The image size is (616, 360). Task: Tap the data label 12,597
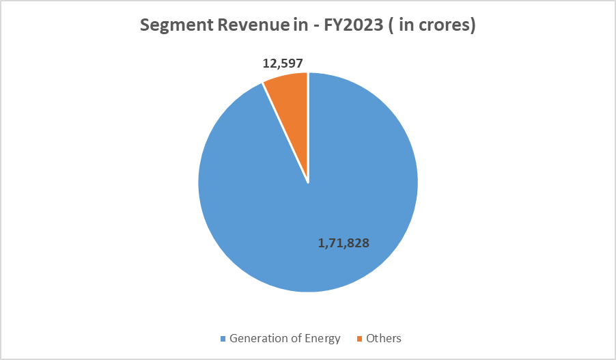[x=283, y=64]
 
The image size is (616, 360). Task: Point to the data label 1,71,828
[x=344, y=243]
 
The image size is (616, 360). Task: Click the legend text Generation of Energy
[x=285, y=338]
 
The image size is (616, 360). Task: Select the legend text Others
[x=384, y=338]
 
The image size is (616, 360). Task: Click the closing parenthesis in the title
[x=473, y=26]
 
